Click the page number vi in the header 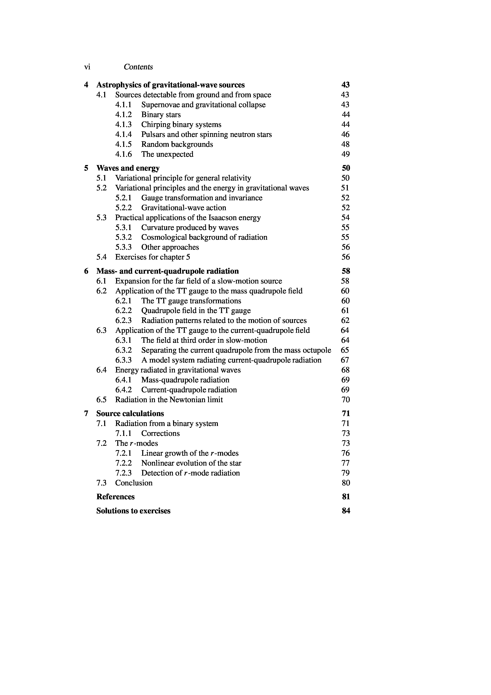87,67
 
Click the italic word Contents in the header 138,67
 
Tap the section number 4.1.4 123,134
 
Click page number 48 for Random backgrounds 345,144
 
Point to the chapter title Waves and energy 128,168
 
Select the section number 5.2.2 123,208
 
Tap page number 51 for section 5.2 345,188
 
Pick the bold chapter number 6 86,271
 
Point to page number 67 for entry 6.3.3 345,360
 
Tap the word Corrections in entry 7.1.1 160,433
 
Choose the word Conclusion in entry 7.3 134,483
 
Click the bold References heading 115,497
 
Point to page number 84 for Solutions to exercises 346,511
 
